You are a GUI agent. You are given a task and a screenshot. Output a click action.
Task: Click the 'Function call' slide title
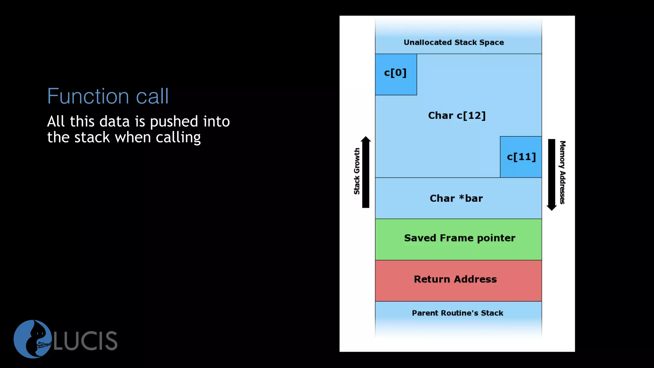pos(108,96)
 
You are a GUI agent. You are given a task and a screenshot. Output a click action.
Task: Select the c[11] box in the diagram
pos(521,157)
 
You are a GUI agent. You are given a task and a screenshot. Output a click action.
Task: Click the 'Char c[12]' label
pos(457,116)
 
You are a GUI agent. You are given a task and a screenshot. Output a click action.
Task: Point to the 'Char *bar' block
pos(457,198)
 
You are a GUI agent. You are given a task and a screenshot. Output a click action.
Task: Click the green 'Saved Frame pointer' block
pos(458,239)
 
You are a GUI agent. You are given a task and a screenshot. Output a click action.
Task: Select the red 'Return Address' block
pos(458,280)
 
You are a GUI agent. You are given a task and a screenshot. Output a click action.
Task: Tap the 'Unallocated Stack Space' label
pos(454,42)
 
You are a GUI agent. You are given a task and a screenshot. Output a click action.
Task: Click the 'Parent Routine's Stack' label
pos(457,313)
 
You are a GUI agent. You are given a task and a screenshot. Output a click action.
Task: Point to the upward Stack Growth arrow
pos(366,172)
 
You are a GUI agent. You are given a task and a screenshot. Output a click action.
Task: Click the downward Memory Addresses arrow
pos(551,174)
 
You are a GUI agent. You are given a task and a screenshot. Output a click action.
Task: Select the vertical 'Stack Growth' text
pos(357,171)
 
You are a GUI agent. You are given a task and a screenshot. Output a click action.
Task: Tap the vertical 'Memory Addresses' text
pos(562,172)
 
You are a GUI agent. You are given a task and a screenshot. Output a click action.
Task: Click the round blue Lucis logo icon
pos(33,339)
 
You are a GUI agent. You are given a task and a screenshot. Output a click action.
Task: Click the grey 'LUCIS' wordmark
pos(86,341)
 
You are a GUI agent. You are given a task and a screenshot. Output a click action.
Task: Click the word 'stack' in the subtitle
pos(92,138)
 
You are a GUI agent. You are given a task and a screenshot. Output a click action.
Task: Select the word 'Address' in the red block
pos(475,279)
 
